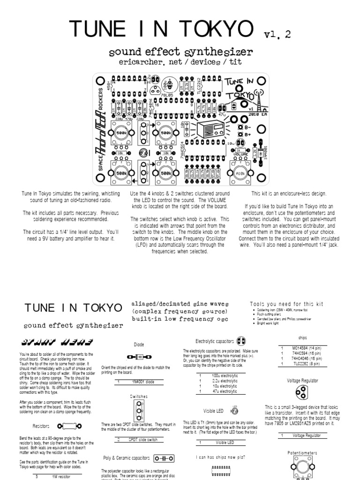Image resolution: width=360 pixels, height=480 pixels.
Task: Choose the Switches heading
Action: pyautogui.click(x=139, y=396)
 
